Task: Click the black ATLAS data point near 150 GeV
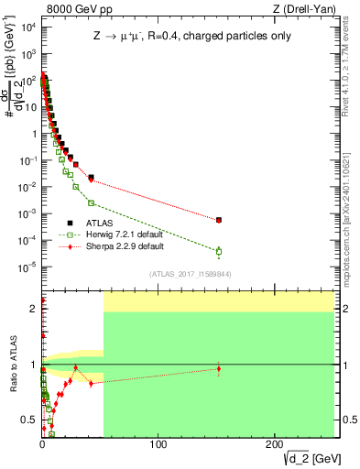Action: tap(219, 220)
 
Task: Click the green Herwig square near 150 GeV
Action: tap(219, 251)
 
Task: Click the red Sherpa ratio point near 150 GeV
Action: tap(219, 368)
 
